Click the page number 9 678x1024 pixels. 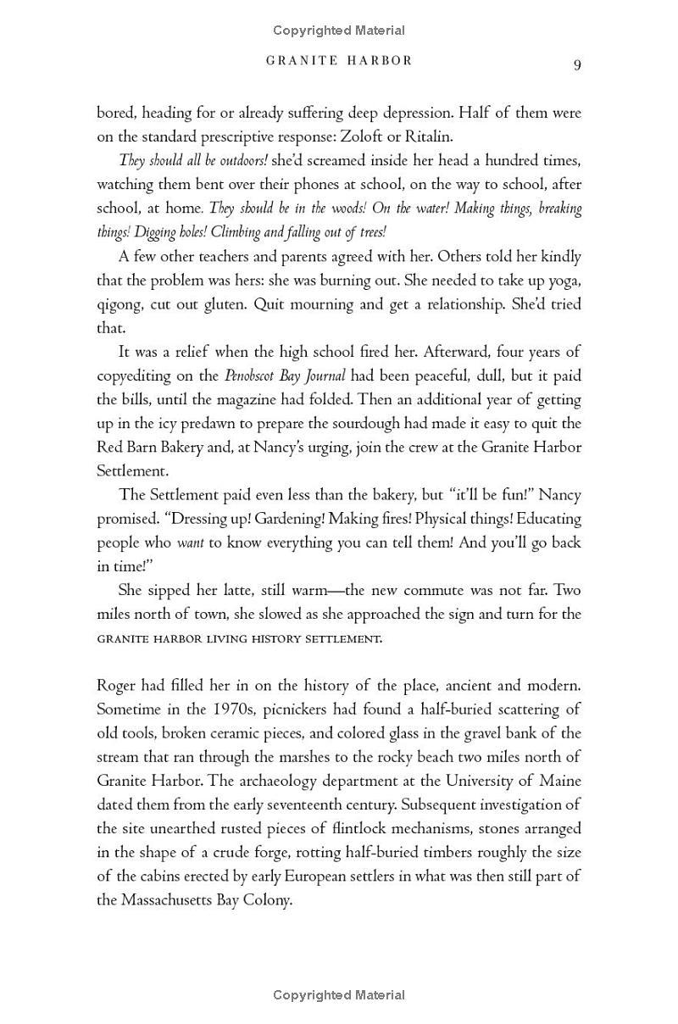[x=577, y=65]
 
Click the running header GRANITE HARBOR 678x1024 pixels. [x=339, y=61]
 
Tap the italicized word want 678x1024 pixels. [x=191, y=543]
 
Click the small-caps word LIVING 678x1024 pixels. [x=226, y=638]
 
